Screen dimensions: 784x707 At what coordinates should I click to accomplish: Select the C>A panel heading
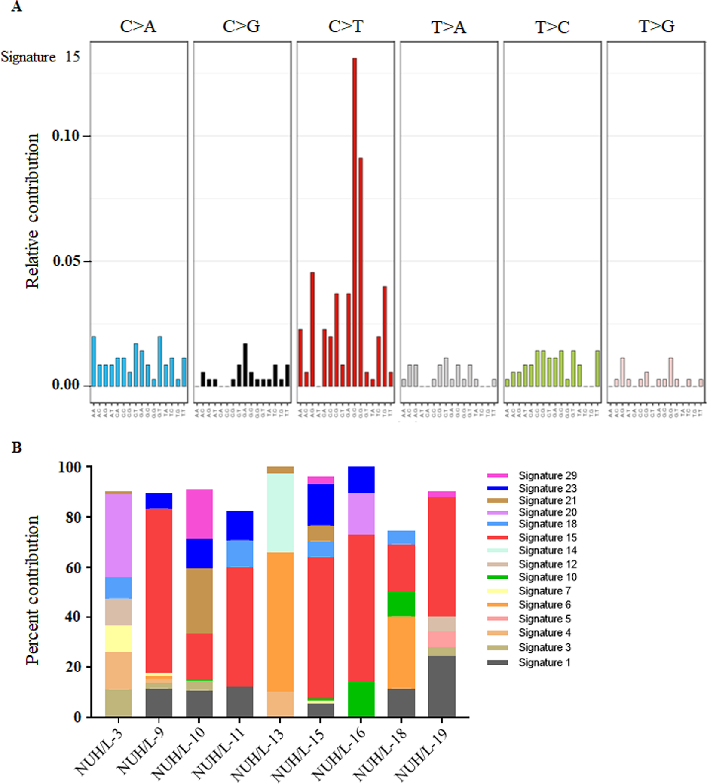click(138, 27)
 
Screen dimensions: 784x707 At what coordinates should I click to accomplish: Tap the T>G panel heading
click(656, 27)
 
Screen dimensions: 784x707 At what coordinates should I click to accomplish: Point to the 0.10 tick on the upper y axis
click(66, 136)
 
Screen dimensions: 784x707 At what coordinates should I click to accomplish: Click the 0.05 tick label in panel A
click(66, 261)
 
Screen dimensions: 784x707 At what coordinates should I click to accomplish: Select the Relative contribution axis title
click(33, 211)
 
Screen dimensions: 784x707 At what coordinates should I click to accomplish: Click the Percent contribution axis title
click(33, 590)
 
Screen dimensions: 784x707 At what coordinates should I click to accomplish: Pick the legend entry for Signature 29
click(547, 475)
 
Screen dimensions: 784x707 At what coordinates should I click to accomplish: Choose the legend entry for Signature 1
click(544, 662)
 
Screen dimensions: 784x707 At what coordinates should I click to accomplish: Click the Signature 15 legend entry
click(547, 537)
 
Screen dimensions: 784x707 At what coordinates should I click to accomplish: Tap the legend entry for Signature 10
click(547, 577)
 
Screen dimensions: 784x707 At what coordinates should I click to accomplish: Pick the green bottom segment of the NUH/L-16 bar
click(361, 698)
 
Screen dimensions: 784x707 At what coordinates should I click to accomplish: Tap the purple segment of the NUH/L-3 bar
click(118, 535)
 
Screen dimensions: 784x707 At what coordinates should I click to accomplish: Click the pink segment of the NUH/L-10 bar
click(199, 514)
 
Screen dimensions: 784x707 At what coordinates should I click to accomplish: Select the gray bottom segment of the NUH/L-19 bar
click(441, 686)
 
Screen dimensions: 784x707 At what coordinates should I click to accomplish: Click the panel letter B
click(17, 447)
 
